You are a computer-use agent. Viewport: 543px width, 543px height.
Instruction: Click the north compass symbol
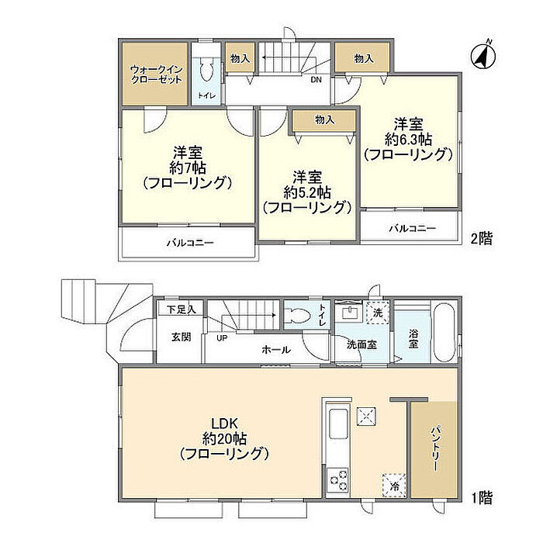(483, 55)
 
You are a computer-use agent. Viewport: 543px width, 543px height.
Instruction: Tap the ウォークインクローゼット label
(156, 74)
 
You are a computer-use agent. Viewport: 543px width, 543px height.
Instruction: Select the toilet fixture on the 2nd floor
(207, 70)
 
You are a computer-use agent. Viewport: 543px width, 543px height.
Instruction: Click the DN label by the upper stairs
(316, 80)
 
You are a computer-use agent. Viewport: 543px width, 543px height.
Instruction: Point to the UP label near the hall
(222, 338)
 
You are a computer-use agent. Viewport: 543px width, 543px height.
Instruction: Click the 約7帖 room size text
(188, 168)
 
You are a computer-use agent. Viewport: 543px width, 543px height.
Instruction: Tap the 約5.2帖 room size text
(307, 192)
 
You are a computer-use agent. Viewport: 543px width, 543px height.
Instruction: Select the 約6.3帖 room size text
(408, 140)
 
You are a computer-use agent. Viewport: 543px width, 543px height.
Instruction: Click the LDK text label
(224, 424)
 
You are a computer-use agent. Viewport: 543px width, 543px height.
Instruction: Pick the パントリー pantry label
(435, 448)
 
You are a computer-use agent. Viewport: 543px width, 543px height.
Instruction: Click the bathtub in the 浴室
(444, 333)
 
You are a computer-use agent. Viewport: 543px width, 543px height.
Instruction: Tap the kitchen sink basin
(338, 424)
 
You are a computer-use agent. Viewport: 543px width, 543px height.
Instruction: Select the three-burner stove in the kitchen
(338, 480)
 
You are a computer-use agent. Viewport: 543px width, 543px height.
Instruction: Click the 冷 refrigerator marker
(394, 486)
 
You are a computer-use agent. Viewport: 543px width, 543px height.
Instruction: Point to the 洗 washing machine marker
(378, 313)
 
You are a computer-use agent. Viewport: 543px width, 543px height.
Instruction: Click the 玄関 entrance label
(182, 337)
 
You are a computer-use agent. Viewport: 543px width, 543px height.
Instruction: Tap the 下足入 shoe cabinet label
(182, 310)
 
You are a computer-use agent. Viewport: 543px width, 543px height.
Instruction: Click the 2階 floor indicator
(482, 239)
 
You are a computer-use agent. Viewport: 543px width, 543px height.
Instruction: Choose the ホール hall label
(276, 350)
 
